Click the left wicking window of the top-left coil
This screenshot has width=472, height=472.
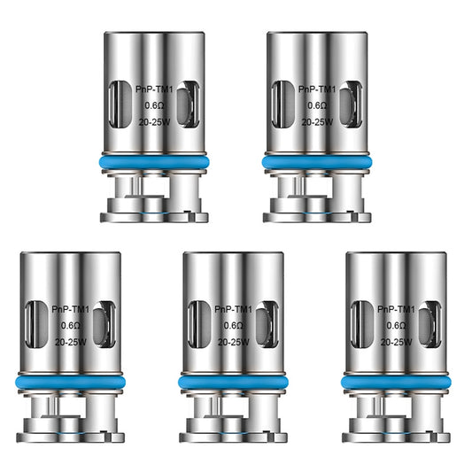point(116,105)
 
